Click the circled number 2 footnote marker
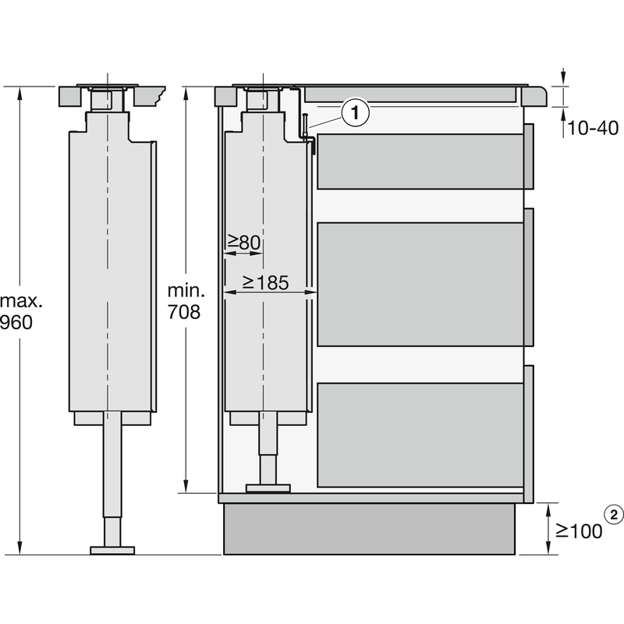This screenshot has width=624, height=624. pos(615,514)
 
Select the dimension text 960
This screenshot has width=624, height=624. pos(16,321)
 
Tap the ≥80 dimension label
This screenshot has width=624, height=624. pos(243,243)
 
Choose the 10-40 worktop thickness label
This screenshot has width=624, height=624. pos(593,128)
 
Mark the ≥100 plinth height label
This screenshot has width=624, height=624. pos(579,531)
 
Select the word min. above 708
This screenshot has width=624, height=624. pos(186,291)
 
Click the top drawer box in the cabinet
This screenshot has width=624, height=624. pos(420,161)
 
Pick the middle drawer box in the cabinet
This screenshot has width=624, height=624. pos(420,284)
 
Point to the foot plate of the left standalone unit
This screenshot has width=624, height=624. pos(112,550)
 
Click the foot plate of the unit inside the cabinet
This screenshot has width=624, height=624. pos(268,489)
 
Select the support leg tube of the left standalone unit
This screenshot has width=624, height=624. pos(113,484)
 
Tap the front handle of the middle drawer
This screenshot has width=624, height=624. pos(529,276)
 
